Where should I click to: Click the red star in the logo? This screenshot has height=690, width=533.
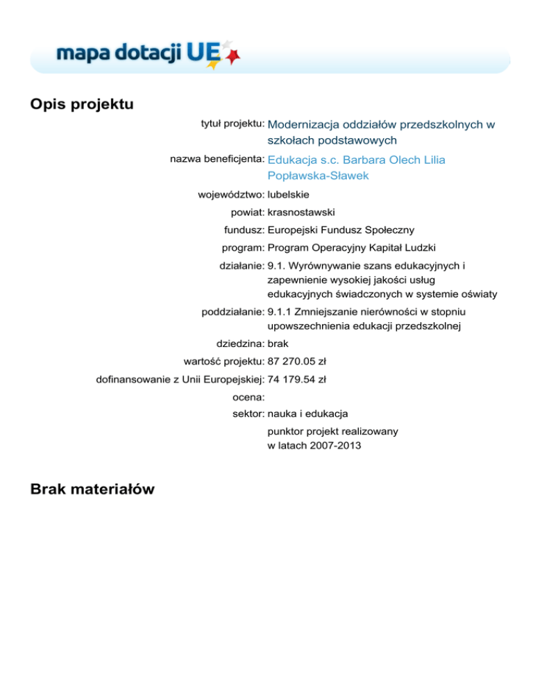(x=234, y=54)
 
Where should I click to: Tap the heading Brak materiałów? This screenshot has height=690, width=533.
(x=92, y=490)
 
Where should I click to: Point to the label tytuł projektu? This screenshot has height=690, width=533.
(x=228, y=124)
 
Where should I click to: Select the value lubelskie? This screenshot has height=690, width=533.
(x=288, y=194)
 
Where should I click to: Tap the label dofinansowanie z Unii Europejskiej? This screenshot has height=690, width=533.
(x=180, y=379)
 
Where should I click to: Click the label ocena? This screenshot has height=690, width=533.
(x=248, y=397)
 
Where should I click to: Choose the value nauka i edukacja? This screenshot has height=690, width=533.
(x=307, y=414)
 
